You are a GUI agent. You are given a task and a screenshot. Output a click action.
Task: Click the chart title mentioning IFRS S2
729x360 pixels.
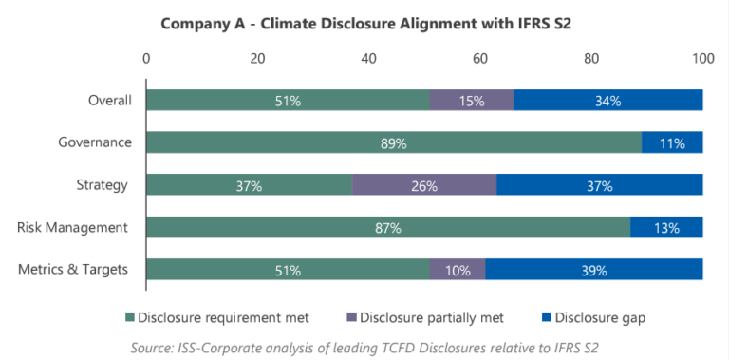coord(364,23)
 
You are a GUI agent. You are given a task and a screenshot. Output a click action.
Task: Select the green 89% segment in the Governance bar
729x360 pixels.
coord(393,143)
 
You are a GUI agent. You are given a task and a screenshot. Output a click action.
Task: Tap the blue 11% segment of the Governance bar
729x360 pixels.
coord(672,143)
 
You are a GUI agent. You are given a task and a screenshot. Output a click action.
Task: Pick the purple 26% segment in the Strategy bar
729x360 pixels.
coord(424,185)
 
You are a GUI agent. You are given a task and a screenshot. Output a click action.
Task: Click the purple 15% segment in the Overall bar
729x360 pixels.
coord(471,101)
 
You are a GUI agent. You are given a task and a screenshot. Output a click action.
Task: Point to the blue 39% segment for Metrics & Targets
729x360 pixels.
coord(594,270)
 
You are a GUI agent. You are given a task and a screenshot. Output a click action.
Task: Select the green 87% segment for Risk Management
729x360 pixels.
coord(388,228)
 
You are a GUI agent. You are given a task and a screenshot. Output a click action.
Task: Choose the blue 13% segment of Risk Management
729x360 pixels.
coord(666,228)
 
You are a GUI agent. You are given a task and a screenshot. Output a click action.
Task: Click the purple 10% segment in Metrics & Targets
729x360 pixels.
coord(458,270)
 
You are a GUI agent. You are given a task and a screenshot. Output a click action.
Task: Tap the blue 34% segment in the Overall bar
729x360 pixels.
coord(607,101)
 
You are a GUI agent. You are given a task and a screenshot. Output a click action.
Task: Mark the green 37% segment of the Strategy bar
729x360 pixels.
coord(249,185)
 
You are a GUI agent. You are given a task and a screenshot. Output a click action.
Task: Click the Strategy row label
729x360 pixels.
coord(103,185)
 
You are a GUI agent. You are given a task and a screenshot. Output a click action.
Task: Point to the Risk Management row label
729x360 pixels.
coord(74,228)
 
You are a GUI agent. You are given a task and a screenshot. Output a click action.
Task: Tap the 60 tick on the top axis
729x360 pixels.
coord(480,59)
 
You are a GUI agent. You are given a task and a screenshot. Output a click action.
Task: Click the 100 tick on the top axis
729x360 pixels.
coord(702,59)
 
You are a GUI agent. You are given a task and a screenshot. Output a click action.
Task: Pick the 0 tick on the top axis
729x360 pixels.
coord(146,59)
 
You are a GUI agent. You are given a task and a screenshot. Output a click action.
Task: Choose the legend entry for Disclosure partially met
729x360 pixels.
coord(437,316)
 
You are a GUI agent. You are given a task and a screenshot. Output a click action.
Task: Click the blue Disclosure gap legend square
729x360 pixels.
coord(545,316)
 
